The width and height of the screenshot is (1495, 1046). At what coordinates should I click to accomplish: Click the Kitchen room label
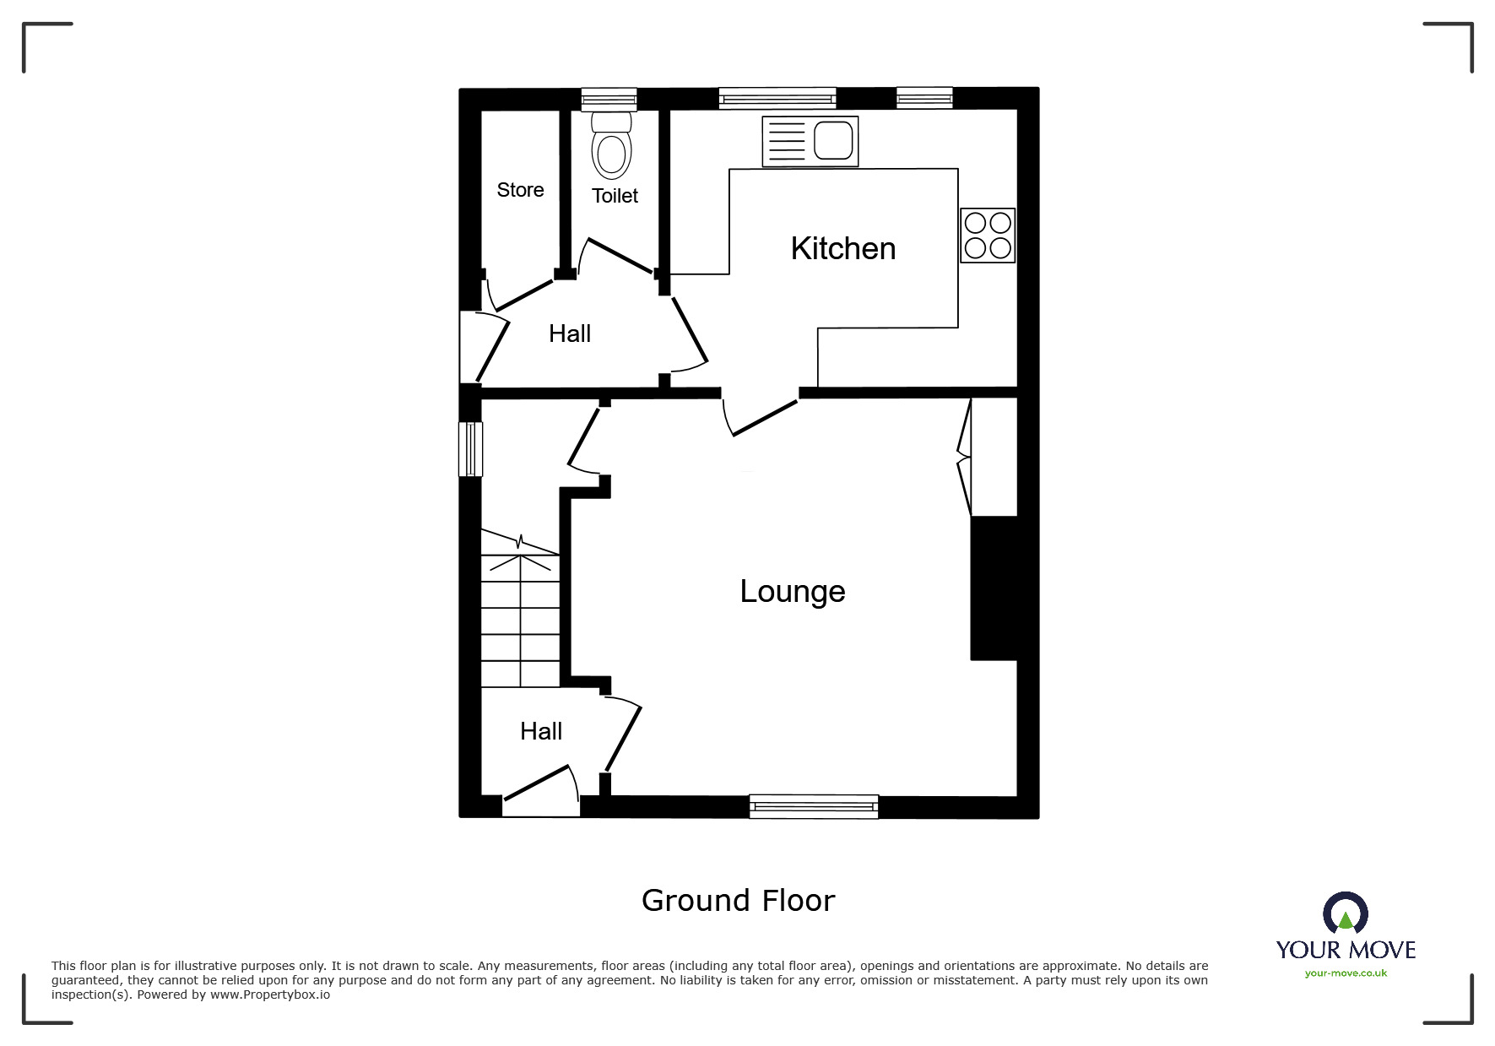coord(842,249)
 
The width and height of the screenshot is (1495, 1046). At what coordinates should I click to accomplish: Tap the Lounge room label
coord(792,592)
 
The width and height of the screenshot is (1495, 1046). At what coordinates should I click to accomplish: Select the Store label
coord(520,191)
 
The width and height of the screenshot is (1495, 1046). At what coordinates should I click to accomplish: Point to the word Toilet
coord(615,196)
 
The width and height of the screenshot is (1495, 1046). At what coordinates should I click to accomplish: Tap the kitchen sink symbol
coord(810,141)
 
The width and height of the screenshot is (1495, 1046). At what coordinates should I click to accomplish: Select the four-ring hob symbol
coord(988,235)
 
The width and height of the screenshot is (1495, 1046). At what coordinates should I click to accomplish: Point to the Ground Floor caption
coord(738,901)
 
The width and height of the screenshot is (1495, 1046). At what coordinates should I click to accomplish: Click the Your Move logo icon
coord(1345,914)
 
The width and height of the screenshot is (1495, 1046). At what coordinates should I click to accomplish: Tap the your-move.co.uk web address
coord(1346,973)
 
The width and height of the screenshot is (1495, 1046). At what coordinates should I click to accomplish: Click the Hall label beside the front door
coord(541,732)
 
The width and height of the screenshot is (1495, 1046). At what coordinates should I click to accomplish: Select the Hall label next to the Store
coord(570,334)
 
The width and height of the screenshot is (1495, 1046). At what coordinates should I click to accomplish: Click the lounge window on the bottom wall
coord(814,807)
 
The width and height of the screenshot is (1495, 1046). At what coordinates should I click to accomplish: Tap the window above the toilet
coord(609,99)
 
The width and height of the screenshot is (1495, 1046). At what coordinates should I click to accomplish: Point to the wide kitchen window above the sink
coord(777,99)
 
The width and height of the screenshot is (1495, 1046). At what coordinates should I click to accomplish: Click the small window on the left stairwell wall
coord(470,448)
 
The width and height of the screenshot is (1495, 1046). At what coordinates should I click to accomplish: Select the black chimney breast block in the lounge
coord(994,588)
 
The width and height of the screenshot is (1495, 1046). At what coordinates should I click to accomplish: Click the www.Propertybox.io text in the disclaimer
coord(269,995)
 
